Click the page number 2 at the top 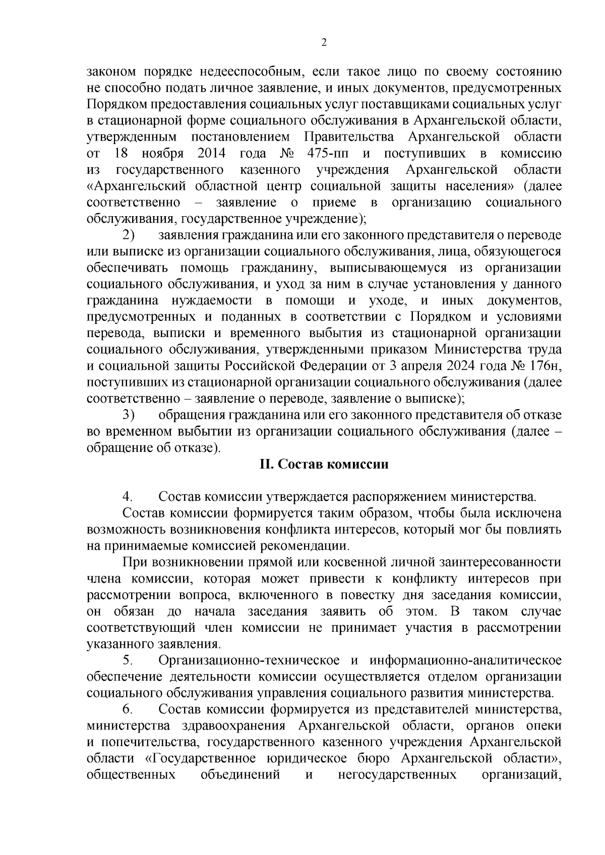pyautogui.click(x=324, y=43)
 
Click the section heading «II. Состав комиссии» pyautogui.click(x=324, y=464)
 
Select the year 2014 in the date pyautogui.click(x=211, y=153)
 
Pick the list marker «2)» pyautogui.click(x=129, y=235)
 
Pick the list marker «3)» pyautogui.click(x=129, y=415)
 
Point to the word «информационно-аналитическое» pyautogui.click(x=465, y=660)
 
